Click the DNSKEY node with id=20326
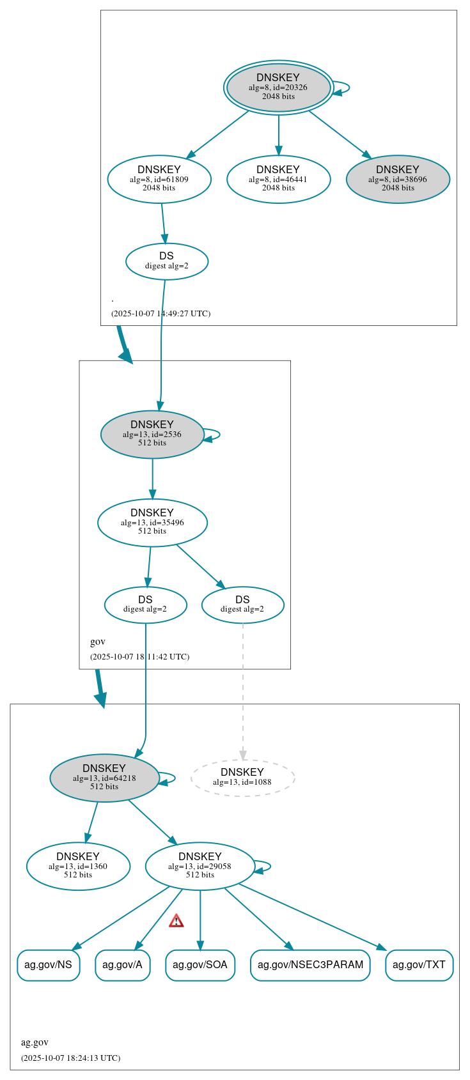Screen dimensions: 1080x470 point(278,88)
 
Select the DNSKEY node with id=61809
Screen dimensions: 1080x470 point(159,179)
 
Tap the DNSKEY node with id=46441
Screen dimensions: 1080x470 point(278,179)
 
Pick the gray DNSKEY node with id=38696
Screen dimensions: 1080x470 point(398,179)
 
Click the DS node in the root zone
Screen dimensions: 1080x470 point(167,261)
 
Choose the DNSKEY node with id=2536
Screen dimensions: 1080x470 point(152,434)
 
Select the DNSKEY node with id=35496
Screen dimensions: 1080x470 point(152,522)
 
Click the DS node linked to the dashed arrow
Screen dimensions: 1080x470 point(242,605)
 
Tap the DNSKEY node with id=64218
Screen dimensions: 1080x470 point(104,778)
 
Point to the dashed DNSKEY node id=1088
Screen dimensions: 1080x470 point(242,778)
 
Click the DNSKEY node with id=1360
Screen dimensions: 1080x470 point(78,866)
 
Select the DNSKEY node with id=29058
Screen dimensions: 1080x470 point(200,866)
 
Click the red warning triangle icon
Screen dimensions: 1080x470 point(176,921)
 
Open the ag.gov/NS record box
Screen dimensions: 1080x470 point(48,965)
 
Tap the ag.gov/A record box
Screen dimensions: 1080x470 point(122,965)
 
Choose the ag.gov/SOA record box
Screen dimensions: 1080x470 point(200,965)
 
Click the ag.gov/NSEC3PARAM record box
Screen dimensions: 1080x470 point(310,965)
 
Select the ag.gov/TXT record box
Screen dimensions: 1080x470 point(419,965)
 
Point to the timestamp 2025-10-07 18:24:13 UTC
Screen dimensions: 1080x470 point(70,1058)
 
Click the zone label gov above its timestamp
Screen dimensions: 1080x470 point(98,642)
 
